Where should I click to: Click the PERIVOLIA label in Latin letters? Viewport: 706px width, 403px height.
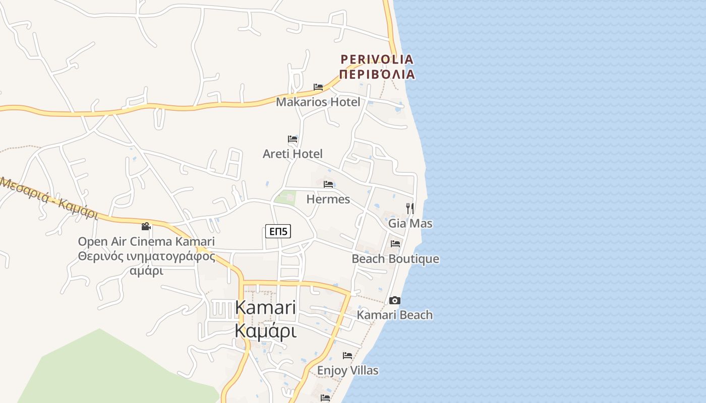(377, 59)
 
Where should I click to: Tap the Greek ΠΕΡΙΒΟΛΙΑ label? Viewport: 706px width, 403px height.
(377, 75)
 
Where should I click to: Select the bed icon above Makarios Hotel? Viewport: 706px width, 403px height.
(318, 87)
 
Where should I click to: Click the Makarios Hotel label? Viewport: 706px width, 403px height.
(318, 102)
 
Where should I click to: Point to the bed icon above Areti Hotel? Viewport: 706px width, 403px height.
(292, 139)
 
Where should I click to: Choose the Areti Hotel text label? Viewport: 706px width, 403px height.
(292, 154)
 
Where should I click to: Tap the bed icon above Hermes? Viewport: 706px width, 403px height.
(328, 184)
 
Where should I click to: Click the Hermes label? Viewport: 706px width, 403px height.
(328, 199)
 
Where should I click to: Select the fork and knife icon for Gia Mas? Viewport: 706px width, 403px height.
(410, 208)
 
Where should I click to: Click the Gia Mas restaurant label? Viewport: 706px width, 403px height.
(410, 223)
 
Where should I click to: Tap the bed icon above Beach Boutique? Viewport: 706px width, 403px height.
(395, 244)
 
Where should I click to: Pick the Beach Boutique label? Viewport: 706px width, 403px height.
(395, 259)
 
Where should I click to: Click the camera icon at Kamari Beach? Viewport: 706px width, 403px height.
(395, 301)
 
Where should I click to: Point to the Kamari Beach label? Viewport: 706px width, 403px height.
(395, 315)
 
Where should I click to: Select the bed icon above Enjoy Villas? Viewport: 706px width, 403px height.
(347, 356)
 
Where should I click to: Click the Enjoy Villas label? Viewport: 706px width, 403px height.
(347, 371)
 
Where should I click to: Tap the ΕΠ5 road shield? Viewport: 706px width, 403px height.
(278, 232)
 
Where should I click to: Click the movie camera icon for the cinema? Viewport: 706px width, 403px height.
(146, 227)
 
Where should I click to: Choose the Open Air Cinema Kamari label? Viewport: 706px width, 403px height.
(146, 241)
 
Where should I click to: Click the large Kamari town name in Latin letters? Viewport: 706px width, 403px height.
(265, 307)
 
